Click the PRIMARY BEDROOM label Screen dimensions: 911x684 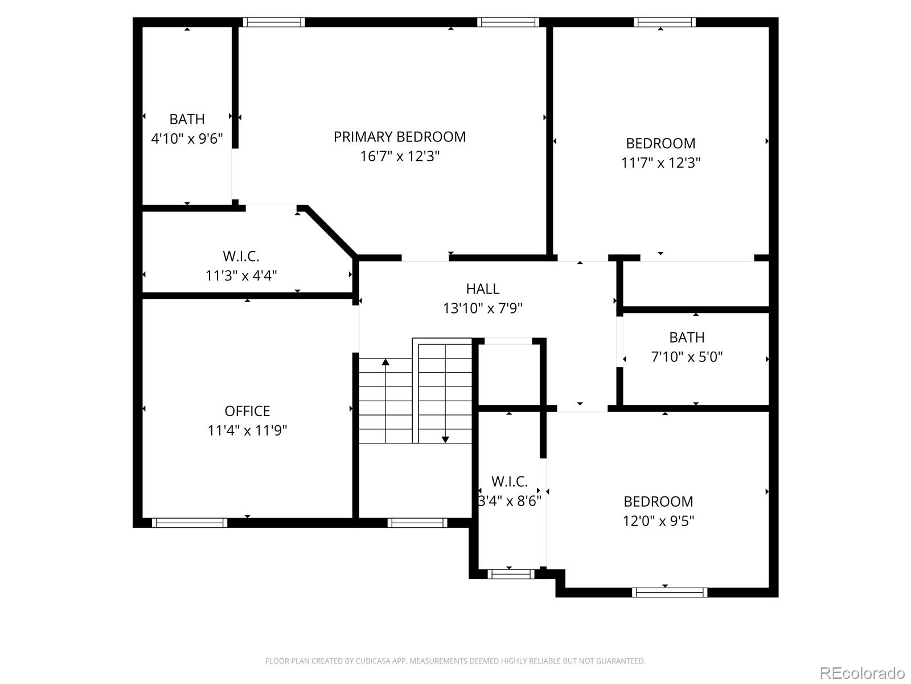tap(399, 137)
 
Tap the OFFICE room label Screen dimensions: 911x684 tap(247, 411)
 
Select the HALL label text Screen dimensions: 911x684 tap(482, 288)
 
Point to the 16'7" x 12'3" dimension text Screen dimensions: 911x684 tap(399, 156)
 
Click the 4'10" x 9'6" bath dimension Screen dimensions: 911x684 tap(187, 139)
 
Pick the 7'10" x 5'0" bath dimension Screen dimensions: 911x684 tap(687, 357)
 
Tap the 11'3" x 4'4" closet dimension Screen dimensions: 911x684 tap(241, 275)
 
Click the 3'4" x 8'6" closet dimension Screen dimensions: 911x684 tap(510, 501)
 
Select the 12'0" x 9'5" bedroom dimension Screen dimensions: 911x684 tap(658, 520)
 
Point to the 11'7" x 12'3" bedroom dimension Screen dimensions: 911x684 tap(660, 162)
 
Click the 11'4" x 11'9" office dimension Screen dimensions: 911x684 tap(247, 430)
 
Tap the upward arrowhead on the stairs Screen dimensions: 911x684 tap(385, 362)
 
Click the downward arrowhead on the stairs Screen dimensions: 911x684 tap(445, 439)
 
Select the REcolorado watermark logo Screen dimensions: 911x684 tap(863, 673)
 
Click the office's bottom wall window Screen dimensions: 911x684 tap(190, 523)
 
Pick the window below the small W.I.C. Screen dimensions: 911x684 tap(511, 574)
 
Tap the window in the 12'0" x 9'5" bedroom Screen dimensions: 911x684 tap(670, 592)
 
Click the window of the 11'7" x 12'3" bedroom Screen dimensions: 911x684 tap(664, 22)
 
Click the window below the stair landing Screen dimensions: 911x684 tap(417, 523)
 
